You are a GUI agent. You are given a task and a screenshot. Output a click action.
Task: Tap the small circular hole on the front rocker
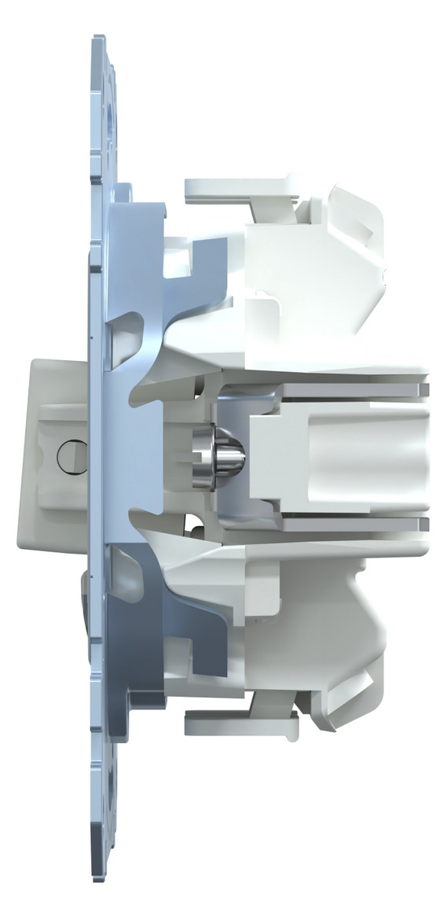point(68,455)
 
